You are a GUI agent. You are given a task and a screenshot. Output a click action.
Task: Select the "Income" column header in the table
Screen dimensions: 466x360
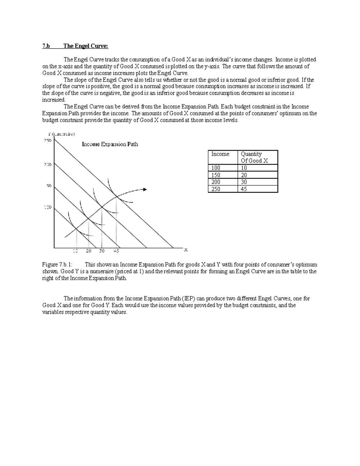[220, 154]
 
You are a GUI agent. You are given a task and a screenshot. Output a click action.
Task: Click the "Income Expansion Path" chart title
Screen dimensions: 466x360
[110, 144]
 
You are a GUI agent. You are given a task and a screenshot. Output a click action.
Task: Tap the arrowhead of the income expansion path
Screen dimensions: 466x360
[145, 189]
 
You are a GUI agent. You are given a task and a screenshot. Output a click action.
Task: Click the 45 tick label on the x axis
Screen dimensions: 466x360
[116, 251]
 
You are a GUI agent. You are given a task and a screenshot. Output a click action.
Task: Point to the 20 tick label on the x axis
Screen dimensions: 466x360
[88, 251]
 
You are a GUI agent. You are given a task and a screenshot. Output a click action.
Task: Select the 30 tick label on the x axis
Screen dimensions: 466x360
[102, 251]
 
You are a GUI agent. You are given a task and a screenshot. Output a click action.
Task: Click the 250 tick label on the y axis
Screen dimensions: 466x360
[48, 140]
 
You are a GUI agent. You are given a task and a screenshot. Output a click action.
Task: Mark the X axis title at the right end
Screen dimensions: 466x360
[186, 250]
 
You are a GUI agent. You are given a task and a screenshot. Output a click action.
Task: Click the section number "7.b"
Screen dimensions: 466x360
[46, 46]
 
